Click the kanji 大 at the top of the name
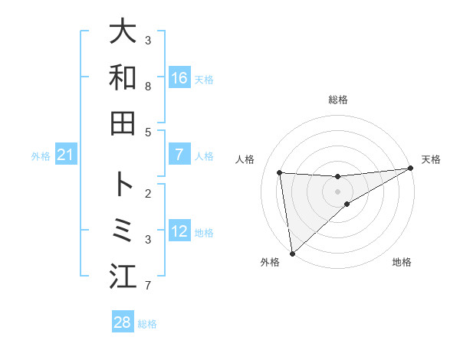[123, 31]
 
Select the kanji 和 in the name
[123, 77]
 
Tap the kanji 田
[123, 123]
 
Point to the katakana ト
[123, 185]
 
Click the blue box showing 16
[179, 77]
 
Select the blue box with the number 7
[179, 155]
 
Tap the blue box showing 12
[179, 231]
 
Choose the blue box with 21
[66, 155]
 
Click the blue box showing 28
[123, 322]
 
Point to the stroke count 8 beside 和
[148, 87]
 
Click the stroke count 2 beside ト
[148, 194]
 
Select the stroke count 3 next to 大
[148, 40]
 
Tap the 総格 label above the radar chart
[338, 100]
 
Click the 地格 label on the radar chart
[402, 263]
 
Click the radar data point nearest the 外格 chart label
[292, 254]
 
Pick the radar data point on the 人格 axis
[280, 172]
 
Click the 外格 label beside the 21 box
[41, 156]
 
